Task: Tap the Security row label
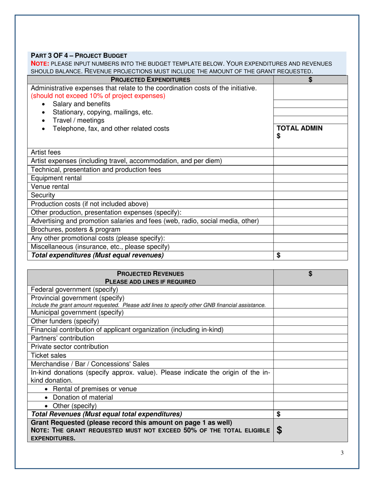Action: (43, 195)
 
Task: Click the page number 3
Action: (342, 453)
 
